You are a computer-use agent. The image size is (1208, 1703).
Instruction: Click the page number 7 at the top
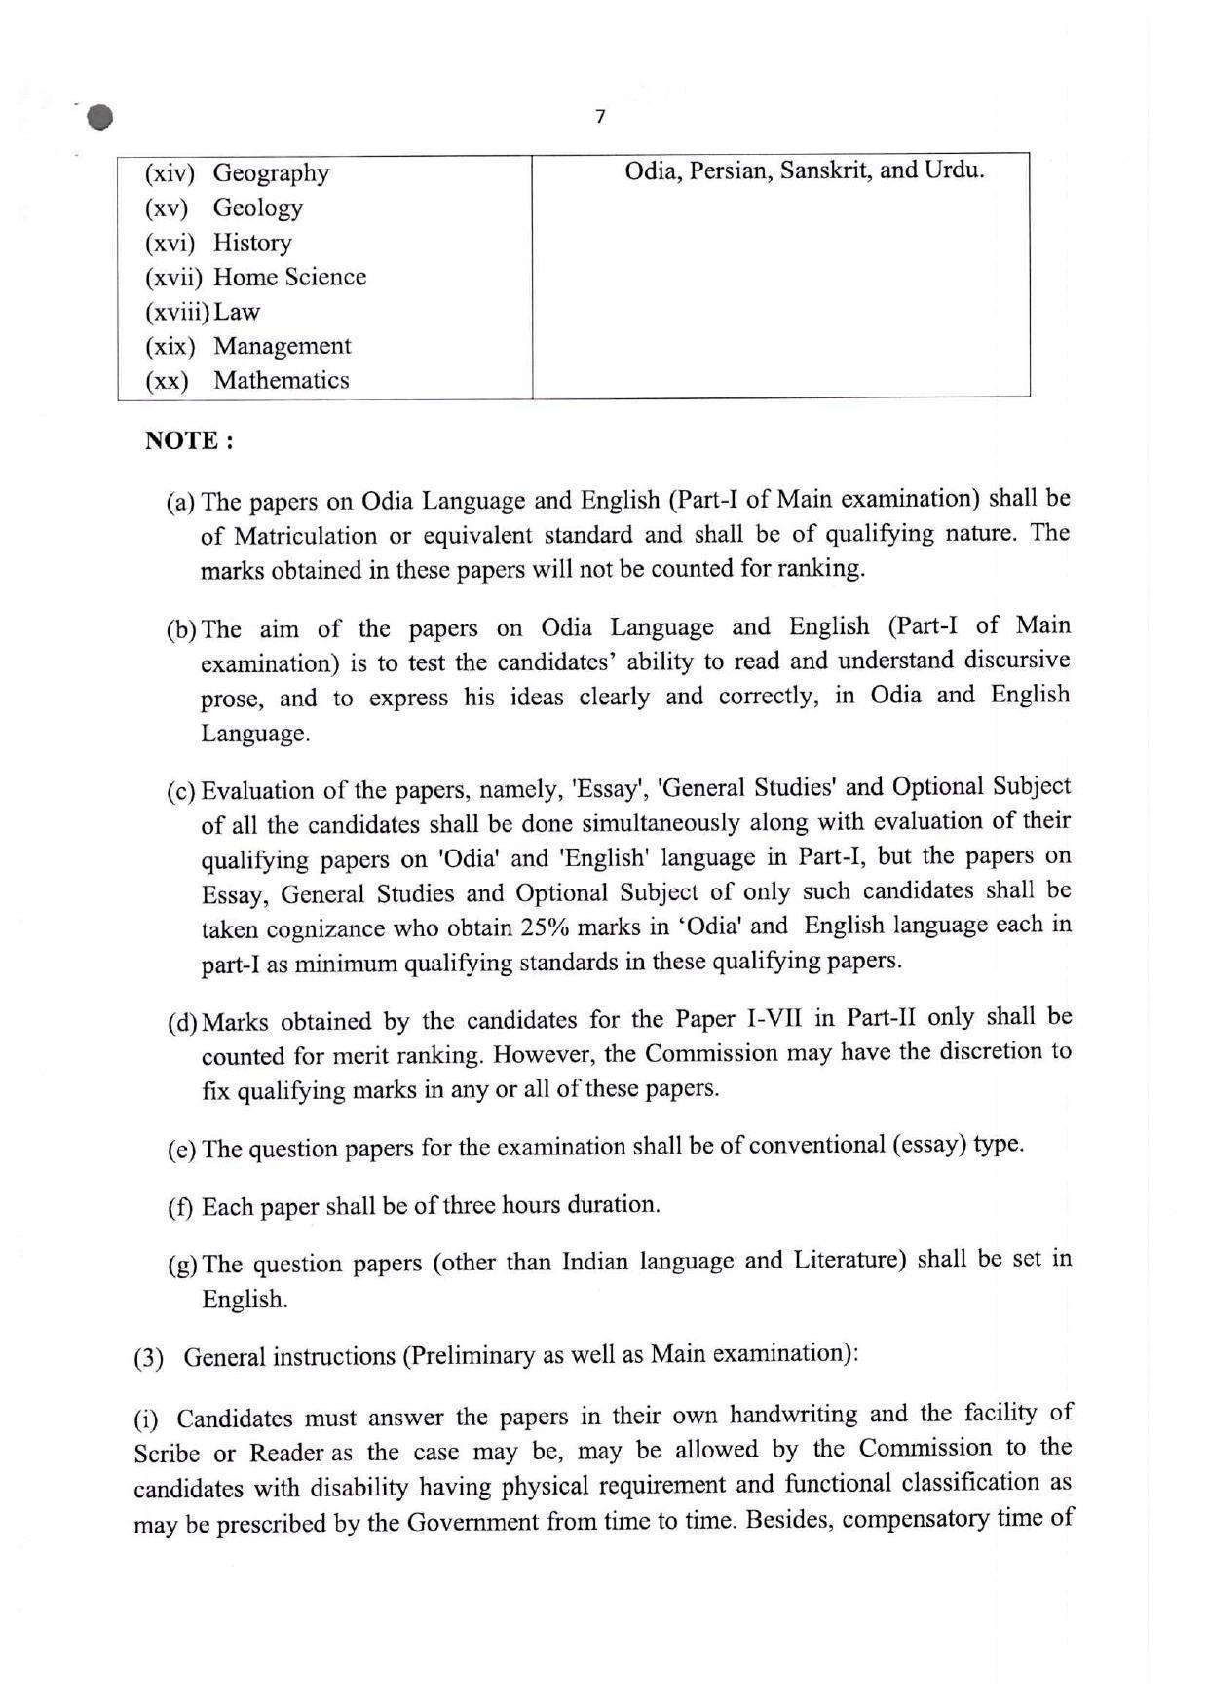(x=600, y=117)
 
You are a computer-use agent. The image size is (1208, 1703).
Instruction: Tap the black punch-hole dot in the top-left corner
(x=98, y=117)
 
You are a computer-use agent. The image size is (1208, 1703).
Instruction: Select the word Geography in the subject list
(x=271, y=173)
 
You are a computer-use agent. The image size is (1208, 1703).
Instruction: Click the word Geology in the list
(x=257, y=208)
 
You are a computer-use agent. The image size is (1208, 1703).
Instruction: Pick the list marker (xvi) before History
(x=170, y=243)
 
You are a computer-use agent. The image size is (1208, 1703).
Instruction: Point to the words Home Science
(x=289, y=277)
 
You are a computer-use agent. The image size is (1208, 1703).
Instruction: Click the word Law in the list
(x=237, y=312)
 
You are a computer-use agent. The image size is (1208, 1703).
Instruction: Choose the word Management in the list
(x=282, y=346)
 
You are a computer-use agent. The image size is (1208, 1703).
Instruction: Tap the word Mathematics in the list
(x=281, y=380)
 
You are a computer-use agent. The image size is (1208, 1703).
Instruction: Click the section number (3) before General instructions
(x=148, y=1358)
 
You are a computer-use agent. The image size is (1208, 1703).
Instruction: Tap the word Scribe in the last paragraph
(x=167, y=1454)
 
